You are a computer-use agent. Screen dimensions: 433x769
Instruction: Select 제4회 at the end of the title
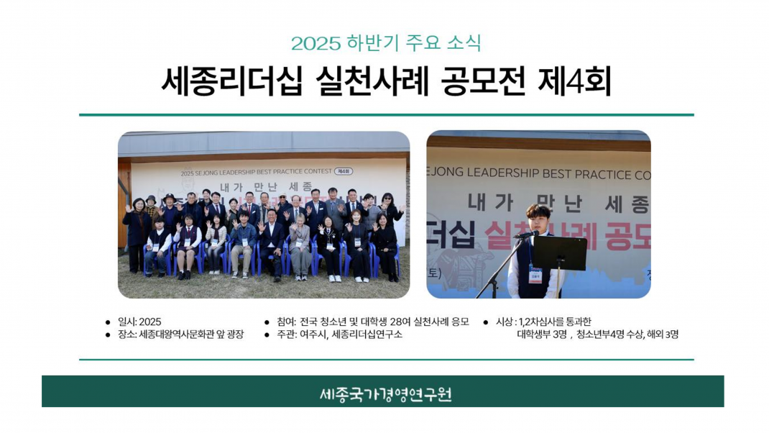pos(574,82)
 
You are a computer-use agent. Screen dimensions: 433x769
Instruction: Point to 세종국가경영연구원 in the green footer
pos(385,394)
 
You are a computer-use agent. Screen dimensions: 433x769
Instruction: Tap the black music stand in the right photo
pos(558,252)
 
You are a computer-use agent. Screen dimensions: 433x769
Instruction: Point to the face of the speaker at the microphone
pos(538,216)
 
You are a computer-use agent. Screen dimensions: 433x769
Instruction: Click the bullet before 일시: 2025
pos(108,322)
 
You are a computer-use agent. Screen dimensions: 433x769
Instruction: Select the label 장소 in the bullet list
pos(126,334)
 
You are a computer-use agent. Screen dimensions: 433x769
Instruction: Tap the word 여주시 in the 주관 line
pos(313,334)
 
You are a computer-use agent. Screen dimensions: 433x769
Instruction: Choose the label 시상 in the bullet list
pos(505,322)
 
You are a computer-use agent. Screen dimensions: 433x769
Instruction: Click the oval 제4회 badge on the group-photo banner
pos(344,172)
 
